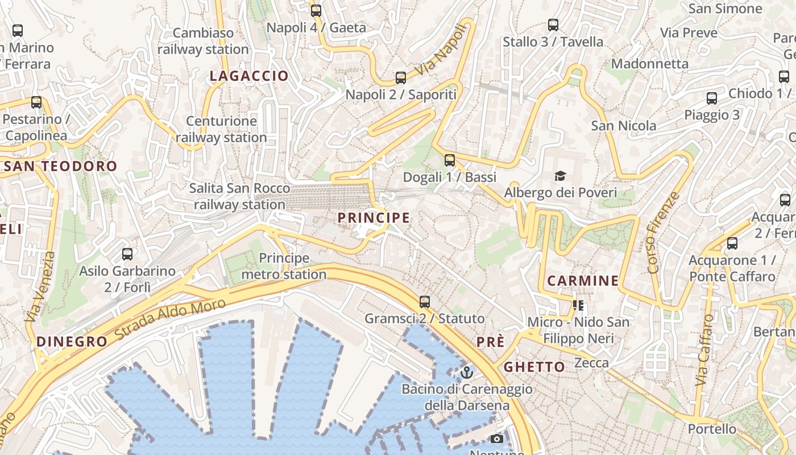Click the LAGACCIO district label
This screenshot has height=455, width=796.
point(249,76)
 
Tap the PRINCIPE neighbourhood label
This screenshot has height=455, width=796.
point(374,217)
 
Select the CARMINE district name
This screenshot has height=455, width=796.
point(583,280)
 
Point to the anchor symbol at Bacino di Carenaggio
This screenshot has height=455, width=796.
point(467,373)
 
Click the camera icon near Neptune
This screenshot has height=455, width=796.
point(496,439)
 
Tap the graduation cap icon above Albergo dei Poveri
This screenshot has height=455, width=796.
point(560,176)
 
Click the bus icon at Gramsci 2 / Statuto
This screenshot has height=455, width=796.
point(424,301)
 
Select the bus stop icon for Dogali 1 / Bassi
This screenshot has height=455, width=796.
point(450,160)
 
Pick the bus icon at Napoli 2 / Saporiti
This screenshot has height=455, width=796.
point(401,78)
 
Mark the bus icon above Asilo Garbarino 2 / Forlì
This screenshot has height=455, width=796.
point(127,254)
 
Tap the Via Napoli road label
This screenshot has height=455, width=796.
point(444,50)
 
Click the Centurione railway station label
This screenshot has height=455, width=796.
point(221,129)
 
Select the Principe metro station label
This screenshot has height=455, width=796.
point(284,266)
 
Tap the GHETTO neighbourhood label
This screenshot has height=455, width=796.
point(534,367)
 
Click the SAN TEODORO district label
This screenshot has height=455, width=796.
point(60,166)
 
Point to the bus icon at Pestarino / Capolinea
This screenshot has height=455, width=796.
point(36,102)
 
